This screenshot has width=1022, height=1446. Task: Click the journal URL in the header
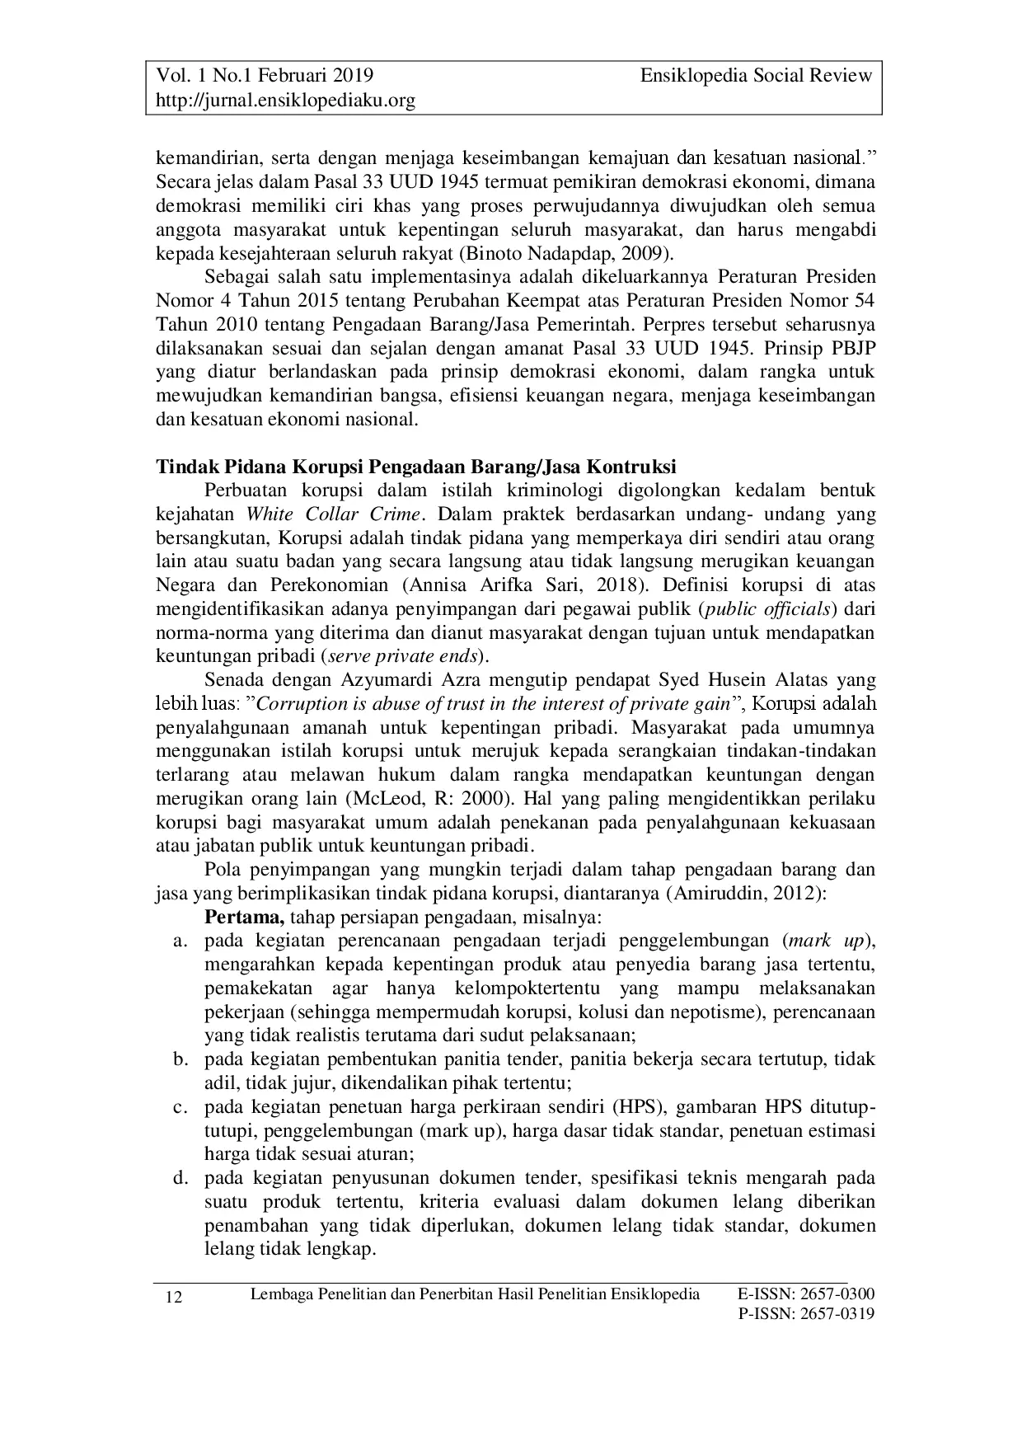(x=285, y=101)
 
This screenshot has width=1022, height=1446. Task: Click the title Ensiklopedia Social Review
(x=756, y=76)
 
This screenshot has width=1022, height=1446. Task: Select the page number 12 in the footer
(x=174, y=1298)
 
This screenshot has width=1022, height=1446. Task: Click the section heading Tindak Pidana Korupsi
(x=416, y=467)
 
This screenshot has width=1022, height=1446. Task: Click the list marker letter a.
(x=179, y=941)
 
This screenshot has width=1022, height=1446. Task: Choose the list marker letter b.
(x=179, y=1059)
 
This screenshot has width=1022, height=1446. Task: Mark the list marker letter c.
(x=179, y=1106)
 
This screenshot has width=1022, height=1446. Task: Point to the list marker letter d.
(x=179, y=1177)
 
